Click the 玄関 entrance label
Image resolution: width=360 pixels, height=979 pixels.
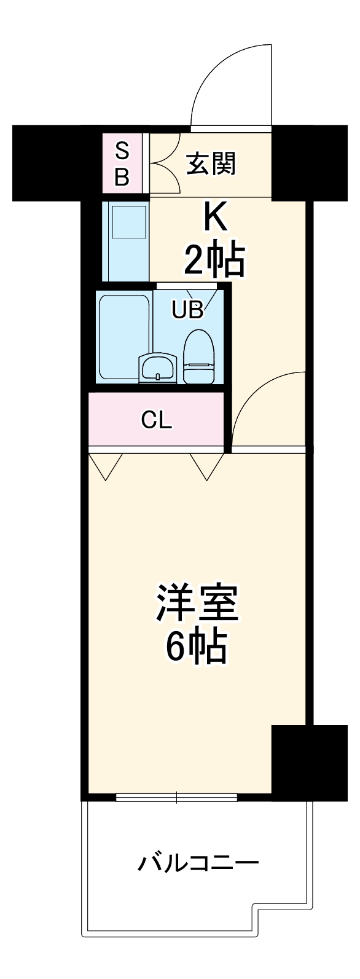[x=211, y=164]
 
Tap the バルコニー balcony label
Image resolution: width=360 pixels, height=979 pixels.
[x=197, y=864]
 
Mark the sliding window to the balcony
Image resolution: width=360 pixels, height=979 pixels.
[x=176, y=798]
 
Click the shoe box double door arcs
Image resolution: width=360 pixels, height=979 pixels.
[x=163, y=165]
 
